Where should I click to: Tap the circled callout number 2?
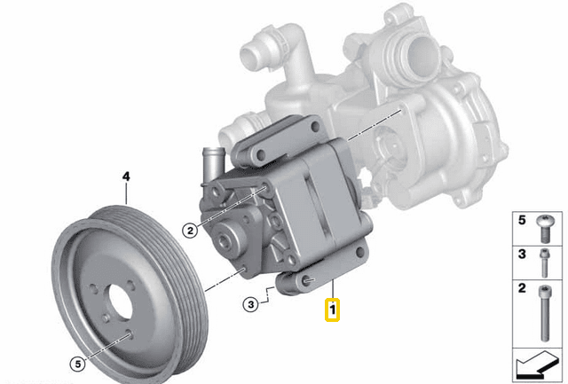[188, 231]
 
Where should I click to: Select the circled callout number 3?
[251, 304]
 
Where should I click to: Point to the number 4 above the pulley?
[126, 177]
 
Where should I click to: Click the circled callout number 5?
[77, 361]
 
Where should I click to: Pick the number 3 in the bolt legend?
[521, 255]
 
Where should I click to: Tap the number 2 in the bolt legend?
[521, 289]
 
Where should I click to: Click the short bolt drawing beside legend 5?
[543, 230]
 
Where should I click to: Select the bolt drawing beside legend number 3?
[543, 263]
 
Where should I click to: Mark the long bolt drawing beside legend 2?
[543, 311]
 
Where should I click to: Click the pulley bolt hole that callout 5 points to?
[130, 335]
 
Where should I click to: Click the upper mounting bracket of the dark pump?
[266, 146]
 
